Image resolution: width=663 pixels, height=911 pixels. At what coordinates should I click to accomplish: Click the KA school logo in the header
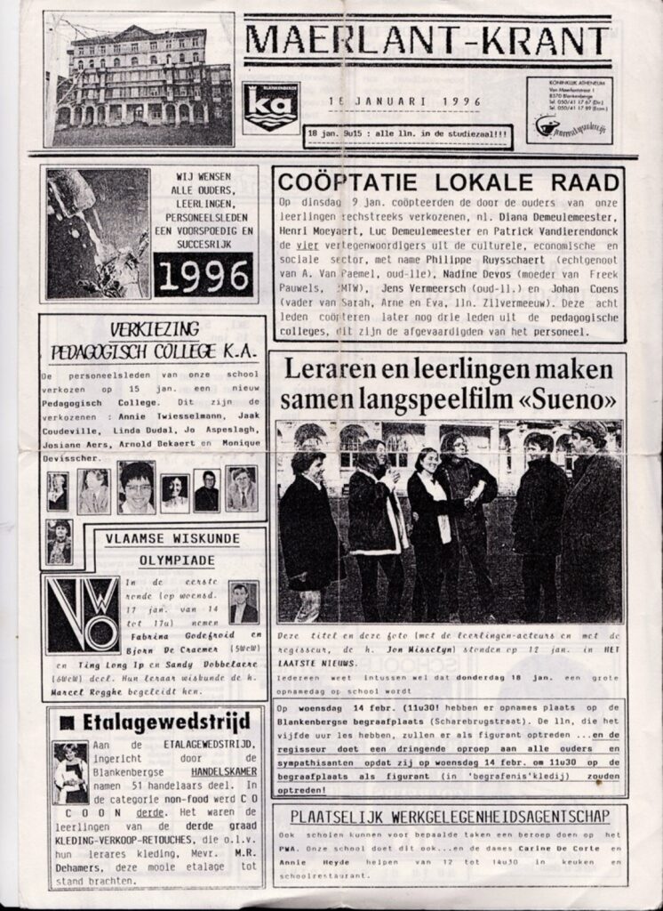coord(271,108)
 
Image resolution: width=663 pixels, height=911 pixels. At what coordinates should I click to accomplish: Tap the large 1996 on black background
coord(203,275)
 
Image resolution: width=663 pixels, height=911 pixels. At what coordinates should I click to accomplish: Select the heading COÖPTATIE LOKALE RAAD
coord(448,183)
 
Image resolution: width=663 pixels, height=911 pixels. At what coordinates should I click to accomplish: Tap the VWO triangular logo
coord(84,615)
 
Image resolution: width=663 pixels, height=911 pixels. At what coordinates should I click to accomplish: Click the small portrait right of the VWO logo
coord(243,602)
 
